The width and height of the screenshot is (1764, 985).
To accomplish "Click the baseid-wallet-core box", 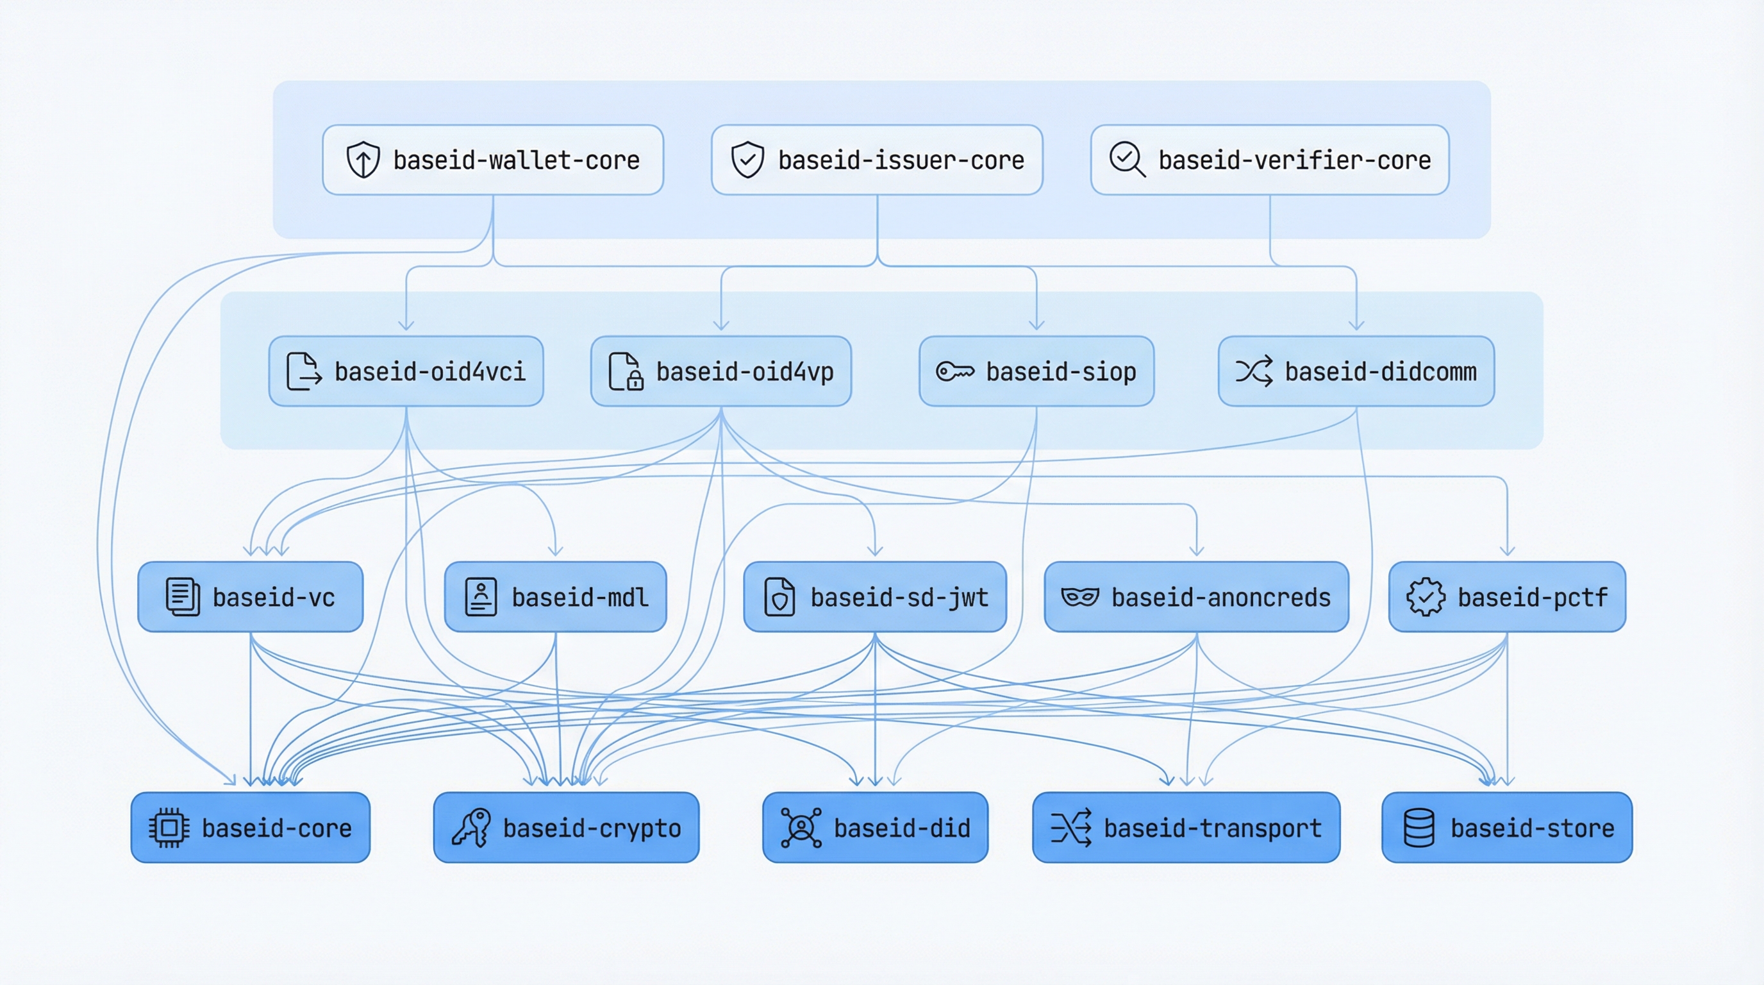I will pos(493,160).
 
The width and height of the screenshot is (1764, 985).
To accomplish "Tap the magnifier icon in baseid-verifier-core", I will pos(1126,160).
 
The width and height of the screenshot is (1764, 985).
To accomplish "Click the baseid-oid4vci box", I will pos(406,371).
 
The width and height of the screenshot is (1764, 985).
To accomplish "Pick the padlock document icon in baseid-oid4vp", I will pos(625,371).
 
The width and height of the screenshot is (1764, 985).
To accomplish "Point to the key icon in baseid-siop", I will pos(954,371).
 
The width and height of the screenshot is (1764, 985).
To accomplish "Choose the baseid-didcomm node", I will pos(1356,371).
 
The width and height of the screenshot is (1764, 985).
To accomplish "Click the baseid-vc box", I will pos(250,596).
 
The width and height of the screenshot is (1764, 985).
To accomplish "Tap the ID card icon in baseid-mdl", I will pos(481,596).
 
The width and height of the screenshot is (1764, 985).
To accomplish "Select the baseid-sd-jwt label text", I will pos(899,597).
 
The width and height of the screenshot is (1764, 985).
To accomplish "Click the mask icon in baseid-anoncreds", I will pos(1079,596).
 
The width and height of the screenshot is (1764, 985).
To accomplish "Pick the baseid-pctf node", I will pos(1506,596).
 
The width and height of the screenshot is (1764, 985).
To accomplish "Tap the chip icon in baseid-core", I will pos(169,827).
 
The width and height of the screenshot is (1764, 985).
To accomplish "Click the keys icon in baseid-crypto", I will pos(471,827).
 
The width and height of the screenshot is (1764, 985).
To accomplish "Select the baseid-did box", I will pos(875,827).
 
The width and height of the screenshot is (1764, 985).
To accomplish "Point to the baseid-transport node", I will pos(1186,827).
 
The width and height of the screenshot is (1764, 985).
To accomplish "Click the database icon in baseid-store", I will pos(1419,827).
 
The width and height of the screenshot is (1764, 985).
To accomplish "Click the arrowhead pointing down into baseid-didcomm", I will pos(1356,326).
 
